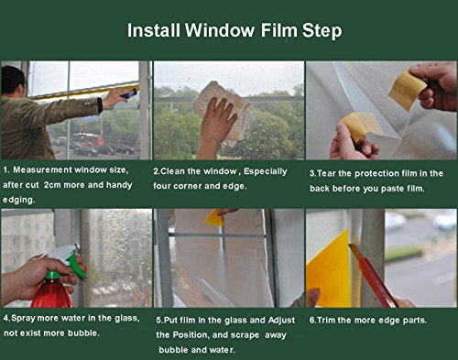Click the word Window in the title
pos(220,30)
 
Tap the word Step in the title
pos(322,31)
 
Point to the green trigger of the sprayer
pos(76,265)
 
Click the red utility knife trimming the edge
pos(373,276)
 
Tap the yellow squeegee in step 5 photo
pos(215,217)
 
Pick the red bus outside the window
pos(88,139)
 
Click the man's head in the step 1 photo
pos(12,81)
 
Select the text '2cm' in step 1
pos(53,185)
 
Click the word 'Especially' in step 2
pos(265,171)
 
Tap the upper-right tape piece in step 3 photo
pos(407,89)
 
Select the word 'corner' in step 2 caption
pos(188,186)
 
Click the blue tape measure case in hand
pos(129,93)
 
